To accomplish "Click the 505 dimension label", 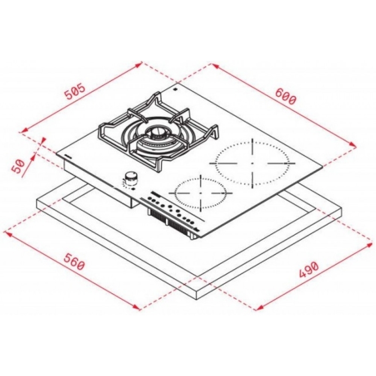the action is (75, 91).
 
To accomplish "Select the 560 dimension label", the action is (74, 262).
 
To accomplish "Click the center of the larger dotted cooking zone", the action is (252, 163).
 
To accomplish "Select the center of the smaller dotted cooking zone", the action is (201, 193).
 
